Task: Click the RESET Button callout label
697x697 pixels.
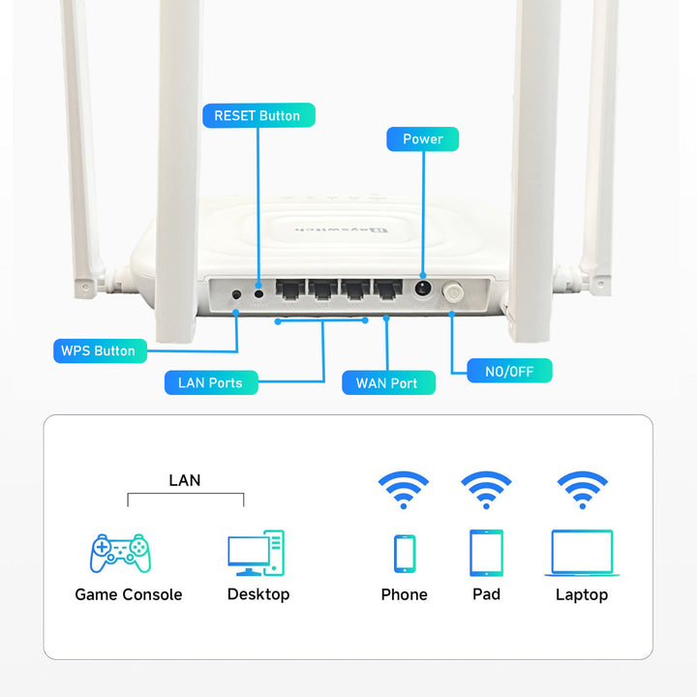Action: (258, 115)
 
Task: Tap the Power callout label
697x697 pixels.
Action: (422, 139)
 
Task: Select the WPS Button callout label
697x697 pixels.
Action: (98, 350)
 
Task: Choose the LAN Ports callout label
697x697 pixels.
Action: (210, 382)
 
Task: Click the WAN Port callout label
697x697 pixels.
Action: (386, 383)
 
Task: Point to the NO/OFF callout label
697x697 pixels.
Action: (509, 371)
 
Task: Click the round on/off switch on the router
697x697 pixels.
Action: (452, 291)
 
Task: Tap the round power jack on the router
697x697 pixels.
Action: (422, 288)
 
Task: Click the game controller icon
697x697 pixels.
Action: (120, 553)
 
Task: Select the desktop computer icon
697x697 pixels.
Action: (257, 553)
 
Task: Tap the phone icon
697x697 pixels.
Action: (404, 554)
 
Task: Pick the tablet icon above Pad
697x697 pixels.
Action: (486, 553)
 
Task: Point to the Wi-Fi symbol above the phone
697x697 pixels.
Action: (404, 490)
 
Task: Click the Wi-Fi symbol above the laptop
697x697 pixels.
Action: (582, 490)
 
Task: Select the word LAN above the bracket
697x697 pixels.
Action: (185, 480)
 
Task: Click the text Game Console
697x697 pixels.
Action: (129, 594)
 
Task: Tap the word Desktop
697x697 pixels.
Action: (258, 594)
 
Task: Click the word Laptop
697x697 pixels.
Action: (582, 594)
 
